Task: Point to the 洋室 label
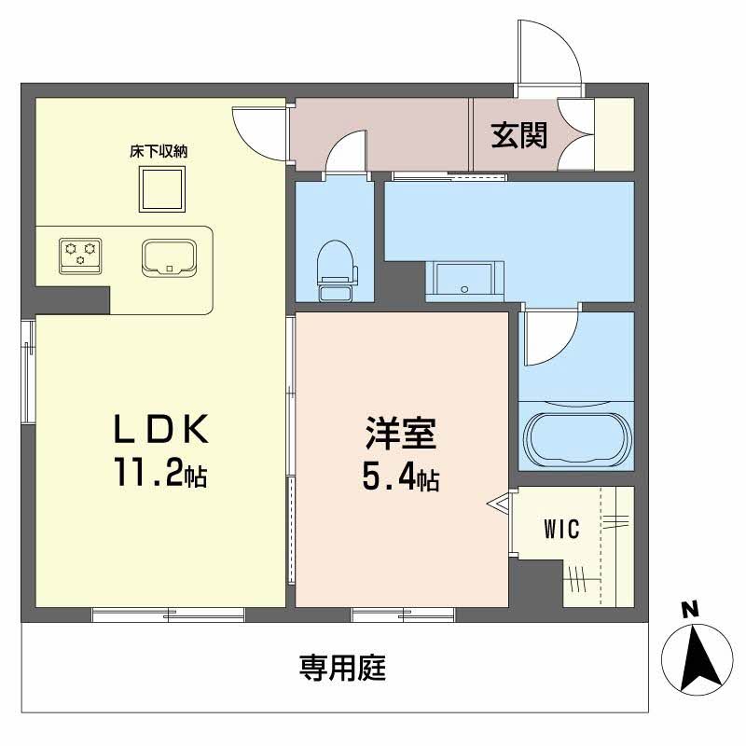point(401,435)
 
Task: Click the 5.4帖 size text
point(401,480)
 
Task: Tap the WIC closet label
point(561,530)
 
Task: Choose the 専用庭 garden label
point(342,668)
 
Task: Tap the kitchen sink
point(169,256)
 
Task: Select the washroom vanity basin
point(464,279)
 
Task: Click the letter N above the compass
point(690,611)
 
